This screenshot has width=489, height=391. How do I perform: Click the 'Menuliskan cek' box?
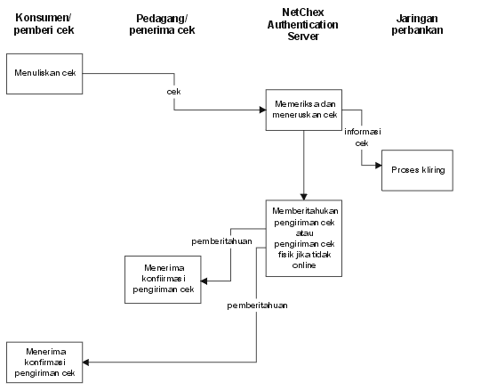tap(44, 74)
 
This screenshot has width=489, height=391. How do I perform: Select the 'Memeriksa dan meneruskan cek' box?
tap(304, 110)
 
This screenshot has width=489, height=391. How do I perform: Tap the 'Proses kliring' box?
tap(417, 170)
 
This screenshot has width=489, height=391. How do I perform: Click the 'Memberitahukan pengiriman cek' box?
tap(304, 239)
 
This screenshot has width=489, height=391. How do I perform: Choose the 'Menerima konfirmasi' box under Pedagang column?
tap(163, 280)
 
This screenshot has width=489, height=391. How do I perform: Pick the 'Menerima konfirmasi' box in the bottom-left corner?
tap(44, 362)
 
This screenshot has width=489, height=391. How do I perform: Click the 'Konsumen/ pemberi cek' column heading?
tap(44, 24)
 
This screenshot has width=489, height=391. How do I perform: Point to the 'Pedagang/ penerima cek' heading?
tap(162, 24)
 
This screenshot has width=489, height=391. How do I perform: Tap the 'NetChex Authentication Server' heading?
tap(303, 24)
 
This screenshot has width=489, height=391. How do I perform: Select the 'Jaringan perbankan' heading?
tap(417, 24)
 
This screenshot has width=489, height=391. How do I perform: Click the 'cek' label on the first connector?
tap(173, 92)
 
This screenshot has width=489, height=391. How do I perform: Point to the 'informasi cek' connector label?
tap(363, 137)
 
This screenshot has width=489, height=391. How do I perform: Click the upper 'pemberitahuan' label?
tap(221, 241)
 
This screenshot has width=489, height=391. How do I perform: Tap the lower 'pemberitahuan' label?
tap(257, 305)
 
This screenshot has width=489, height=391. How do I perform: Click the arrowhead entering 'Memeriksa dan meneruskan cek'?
tap(262, 110)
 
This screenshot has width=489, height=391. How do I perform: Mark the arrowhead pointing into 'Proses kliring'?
tap(378, 165)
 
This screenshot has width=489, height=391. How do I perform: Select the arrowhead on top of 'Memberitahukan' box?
tap(304, 197)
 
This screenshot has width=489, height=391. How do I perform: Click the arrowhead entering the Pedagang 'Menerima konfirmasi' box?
tap(204, 281)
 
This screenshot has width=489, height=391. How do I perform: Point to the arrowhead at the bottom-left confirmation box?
tap(86, 362)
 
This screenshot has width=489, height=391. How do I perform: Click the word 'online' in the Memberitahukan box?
tap(304, 265)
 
